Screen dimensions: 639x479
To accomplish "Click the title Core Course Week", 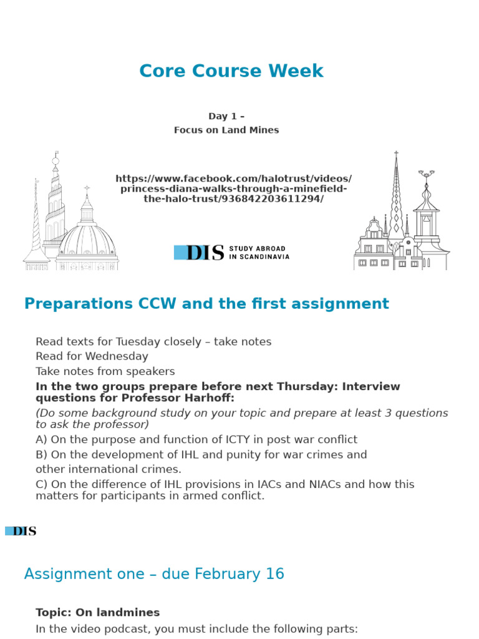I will (231, 71).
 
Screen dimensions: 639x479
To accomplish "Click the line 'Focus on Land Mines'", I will (226, 130).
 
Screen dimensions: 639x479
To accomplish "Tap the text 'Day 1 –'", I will (226, 116).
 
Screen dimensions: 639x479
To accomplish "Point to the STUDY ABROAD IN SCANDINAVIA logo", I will (231, 252).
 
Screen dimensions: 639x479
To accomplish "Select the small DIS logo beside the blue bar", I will (24, 531).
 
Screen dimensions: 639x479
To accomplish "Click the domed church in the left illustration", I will (87, 237).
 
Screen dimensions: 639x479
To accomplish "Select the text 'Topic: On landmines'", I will (98, 612).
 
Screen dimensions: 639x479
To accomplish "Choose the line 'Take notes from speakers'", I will (105, 371).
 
